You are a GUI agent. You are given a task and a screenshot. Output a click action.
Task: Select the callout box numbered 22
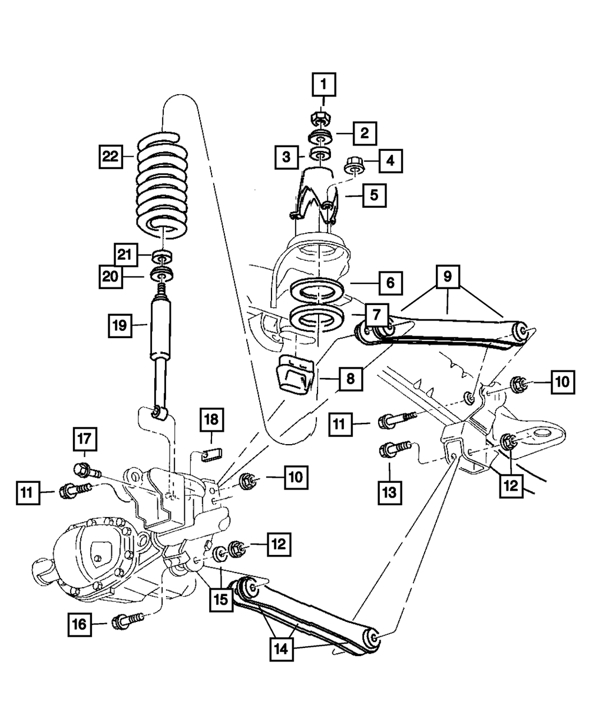point(110,157)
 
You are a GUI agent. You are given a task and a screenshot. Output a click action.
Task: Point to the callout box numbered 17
point(84,439)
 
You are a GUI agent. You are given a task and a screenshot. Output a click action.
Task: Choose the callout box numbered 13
point(389,491)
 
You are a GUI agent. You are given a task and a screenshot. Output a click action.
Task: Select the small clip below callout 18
point(212,454)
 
